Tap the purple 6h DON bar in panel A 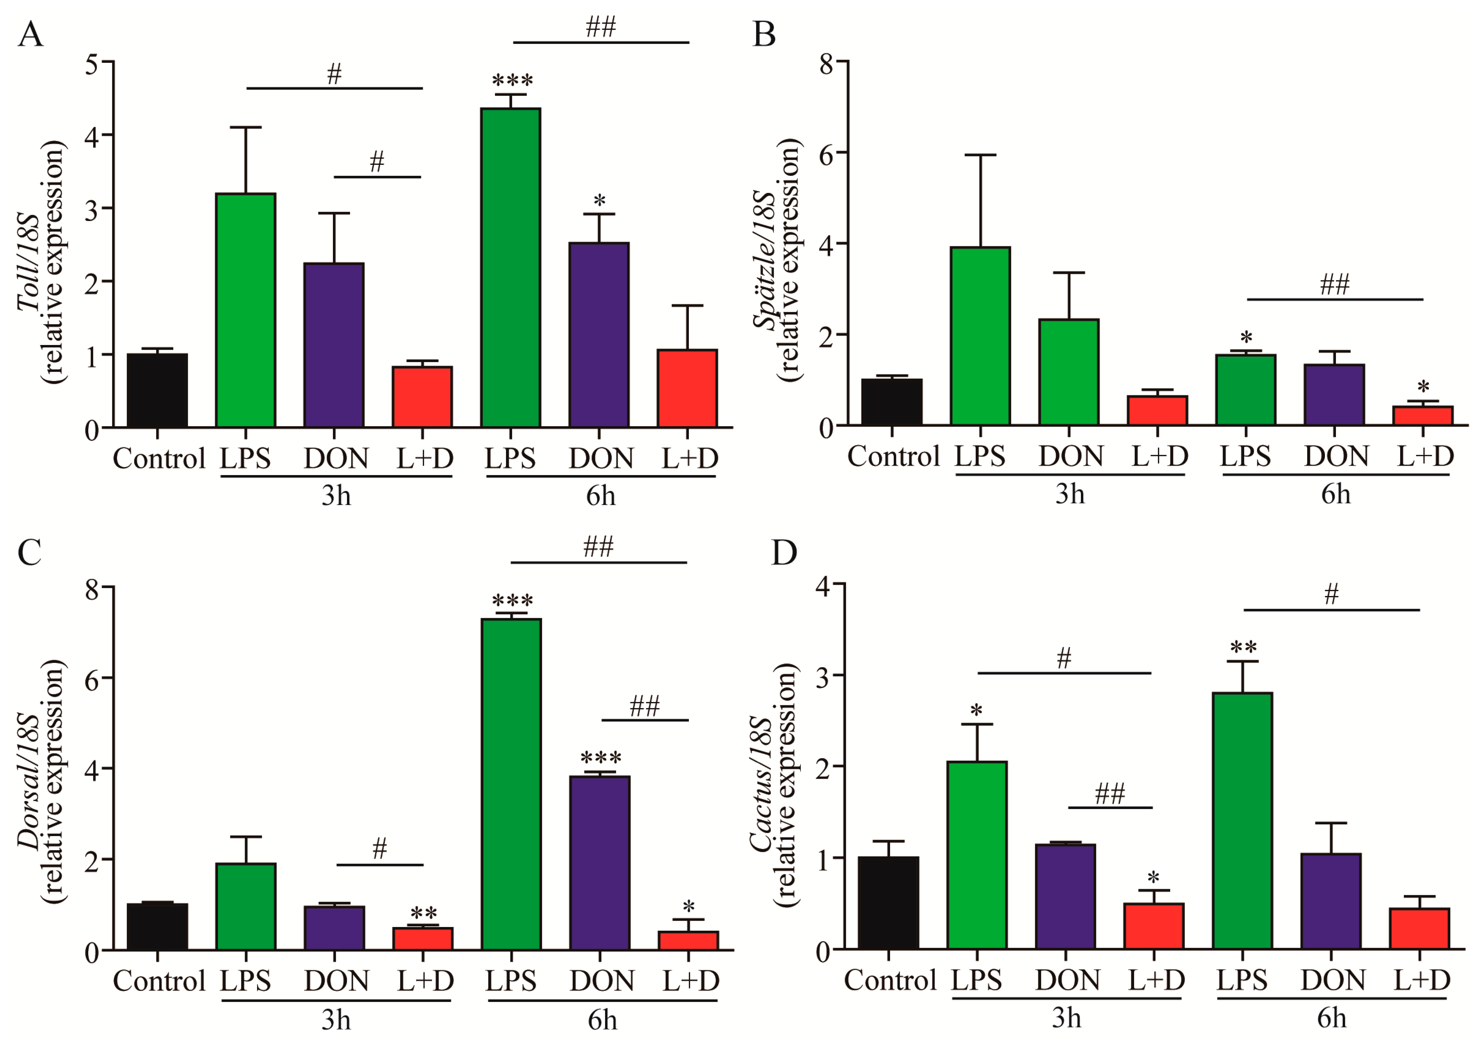click(x=599, y=335)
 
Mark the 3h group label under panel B click(x=1070, y=494)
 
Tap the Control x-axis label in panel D click(x=889, y=980)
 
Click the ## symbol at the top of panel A click(x=601, y=27)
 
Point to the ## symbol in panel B click(x=1334, y=284)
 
